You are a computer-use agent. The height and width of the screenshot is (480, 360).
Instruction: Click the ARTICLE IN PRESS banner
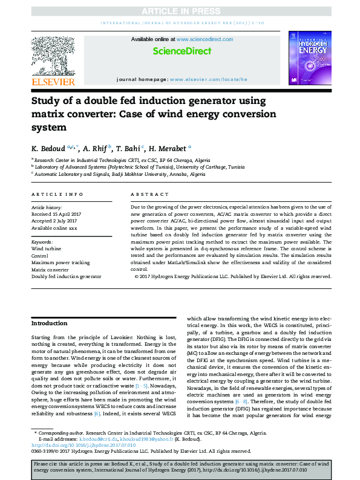coord(180,11)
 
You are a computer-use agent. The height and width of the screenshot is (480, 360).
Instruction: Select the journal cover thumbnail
coord(309,59)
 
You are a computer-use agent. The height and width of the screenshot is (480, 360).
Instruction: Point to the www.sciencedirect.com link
coord(197,39)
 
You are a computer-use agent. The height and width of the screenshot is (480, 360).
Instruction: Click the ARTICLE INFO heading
coord(57,194)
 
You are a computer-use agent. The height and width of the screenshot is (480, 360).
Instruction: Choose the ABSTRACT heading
coord(150,194)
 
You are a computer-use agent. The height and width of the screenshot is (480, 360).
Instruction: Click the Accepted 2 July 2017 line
coord(54,220)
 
